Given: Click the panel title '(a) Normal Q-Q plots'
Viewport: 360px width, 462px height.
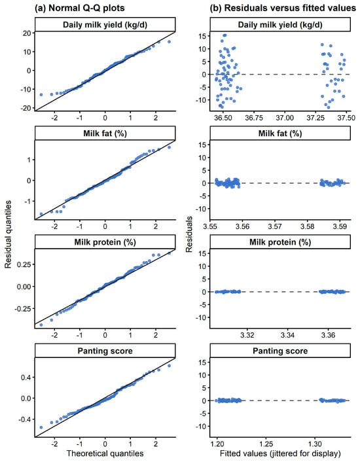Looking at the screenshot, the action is click(x=80, y=8).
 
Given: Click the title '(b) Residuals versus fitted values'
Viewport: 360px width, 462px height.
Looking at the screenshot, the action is click(x=283, y=8).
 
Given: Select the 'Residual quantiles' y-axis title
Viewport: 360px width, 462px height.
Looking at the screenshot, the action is click(x=8, y=234).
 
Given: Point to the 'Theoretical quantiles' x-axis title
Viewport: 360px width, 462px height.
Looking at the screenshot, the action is click(x=105, y=453).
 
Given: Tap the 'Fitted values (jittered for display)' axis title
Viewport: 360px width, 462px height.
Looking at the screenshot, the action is click(x=280, y=453).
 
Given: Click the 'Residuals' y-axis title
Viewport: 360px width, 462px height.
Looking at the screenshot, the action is click(x=189, y=234).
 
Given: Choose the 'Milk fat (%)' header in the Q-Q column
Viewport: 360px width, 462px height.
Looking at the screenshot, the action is click(x=105, y=133).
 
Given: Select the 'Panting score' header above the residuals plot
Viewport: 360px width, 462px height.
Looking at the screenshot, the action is click(x=280, y=351).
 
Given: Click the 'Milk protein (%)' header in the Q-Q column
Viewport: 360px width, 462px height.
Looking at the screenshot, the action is click(x=105, y=242).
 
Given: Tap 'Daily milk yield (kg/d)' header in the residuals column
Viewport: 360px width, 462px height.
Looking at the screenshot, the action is click(x=280, y=24).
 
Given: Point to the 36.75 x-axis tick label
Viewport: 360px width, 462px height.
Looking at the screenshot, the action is click(x=254, y=118).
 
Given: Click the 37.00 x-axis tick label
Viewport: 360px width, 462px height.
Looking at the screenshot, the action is click(x=285, y=118).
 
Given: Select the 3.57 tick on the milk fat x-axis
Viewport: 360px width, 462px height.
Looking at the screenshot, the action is click(x=275, y=226).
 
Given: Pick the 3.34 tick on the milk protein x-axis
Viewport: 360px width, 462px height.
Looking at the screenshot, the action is click(x=287, y=335).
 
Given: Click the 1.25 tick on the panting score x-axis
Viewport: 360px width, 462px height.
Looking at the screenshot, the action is click(x=266, y=444).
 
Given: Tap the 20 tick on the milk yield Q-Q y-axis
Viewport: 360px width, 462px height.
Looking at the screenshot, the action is click(x=27, y=33).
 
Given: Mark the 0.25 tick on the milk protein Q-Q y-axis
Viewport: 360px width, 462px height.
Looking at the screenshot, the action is click(x=24, y=264).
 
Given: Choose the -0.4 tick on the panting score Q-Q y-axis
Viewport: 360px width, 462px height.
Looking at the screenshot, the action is click(x=25, y=419).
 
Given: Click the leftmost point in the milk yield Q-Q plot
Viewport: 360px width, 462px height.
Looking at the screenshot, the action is click(x=41, y=95).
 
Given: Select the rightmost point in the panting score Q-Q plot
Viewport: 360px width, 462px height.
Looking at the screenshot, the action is click(x=169, y=366).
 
